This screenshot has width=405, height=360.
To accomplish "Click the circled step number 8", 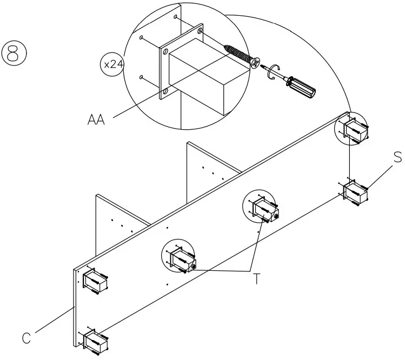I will pyautogui.click(x=15, y=54).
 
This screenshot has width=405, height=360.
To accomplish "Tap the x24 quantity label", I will pyautogui.click(x=112, y=65).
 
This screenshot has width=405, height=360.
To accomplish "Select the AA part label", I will pyautogui.click(x=96, y=119).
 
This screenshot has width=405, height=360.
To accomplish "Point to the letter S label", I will pyautogui.click(x=397, y=157).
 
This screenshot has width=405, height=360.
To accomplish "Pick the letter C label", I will pyautogui.click(x=25, y=338).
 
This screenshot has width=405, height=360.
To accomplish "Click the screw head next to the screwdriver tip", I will pyautogui.click(x=255, y=63).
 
